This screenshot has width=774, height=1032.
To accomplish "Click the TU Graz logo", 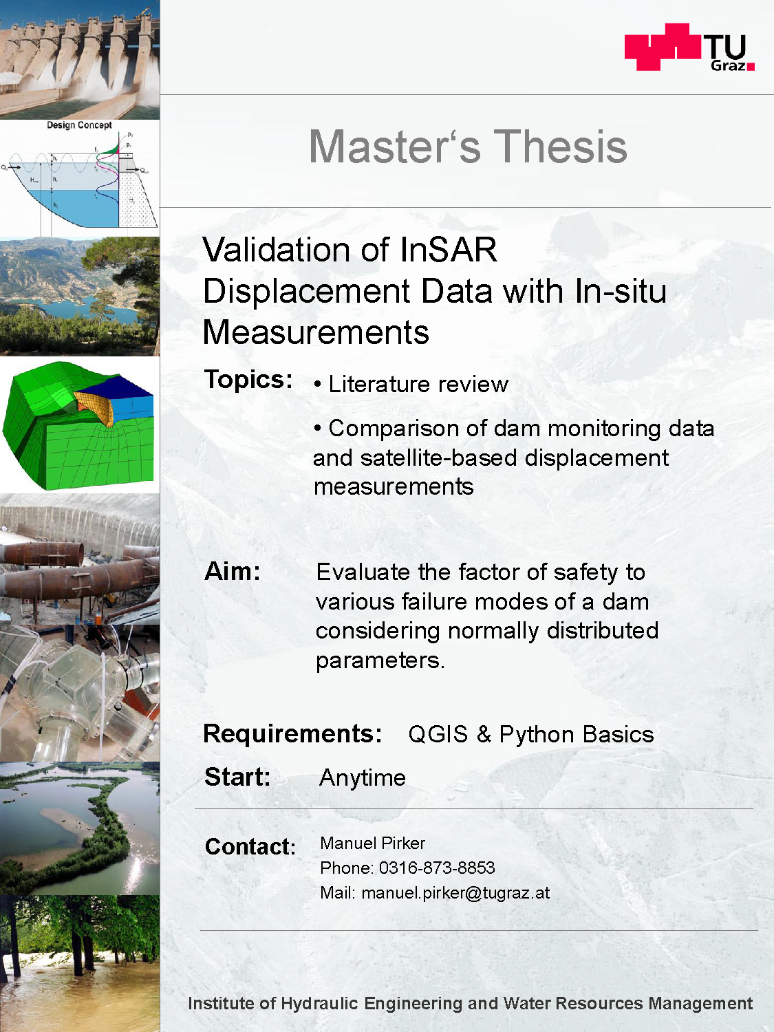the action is click(x=689, y=47).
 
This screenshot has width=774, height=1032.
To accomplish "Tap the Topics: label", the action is click(x=248, y=379).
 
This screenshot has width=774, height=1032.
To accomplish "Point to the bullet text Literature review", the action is click(x=418, y=384).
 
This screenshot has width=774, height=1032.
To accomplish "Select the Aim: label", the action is click(x=232, y=572).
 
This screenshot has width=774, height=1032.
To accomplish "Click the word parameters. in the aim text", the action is click(x=380, y=660).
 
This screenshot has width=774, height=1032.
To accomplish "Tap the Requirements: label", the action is click(x=292, y=733).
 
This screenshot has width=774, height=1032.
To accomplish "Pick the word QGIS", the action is click(x=438, y=734).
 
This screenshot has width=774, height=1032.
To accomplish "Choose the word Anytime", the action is click(x=363, y=778).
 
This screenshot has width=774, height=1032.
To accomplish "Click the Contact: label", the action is click(x=250, y=846).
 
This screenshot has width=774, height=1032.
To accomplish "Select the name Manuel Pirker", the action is click(x=372, y=843).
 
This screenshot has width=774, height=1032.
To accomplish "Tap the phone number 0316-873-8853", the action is click(x=437, y=868).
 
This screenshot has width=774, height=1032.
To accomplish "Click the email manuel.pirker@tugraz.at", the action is click(x=455, y=893).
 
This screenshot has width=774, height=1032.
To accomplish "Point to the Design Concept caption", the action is click(x=79, y=125).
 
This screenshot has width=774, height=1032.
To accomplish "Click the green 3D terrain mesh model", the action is click(x=78, y=425).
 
